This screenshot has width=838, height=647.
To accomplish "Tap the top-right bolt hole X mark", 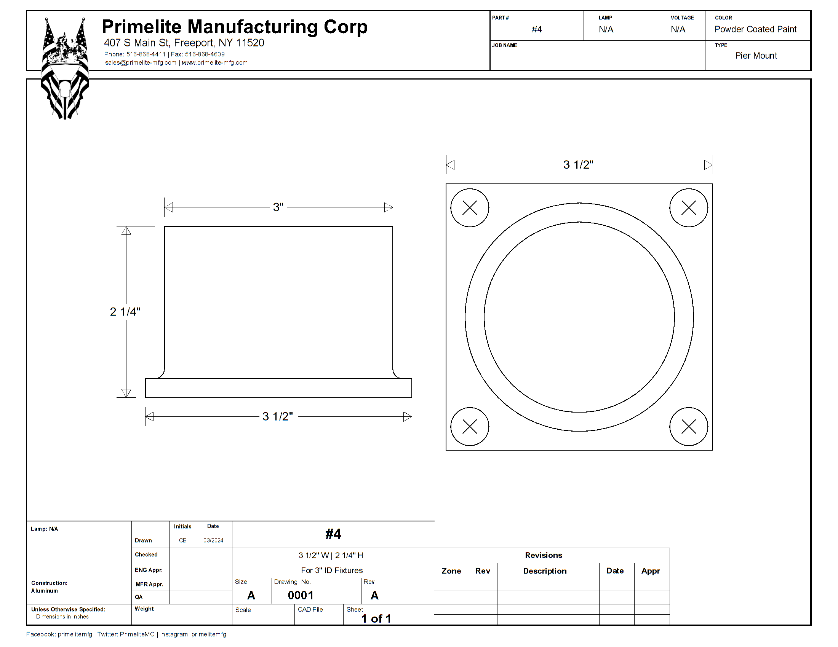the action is click(689, 208).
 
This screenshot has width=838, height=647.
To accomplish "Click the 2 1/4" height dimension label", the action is click(125, 312).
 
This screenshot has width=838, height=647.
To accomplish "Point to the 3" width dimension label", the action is click(278, 207).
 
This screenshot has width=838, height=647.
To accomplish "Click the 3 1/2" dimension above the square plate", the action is click(578, 164).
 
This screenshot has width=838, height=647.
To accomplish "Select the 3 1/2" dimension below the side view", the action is click(277, 416).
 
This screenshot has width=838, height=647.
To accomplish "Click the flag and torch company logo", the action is click(65, 68).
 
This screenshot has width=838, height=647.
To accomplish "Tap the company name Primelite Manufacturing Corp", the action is click(234, 27).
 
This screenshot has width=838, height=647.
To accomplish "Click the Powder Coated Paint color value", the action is click(755, 29).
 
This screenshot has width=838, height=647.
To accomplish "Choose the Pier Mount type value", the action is click(756, 56).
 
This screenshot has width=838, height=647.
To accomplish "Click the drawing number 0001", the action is click(301, 595).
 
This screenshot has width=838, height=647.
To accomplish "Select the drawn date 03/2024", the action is click(213, 540).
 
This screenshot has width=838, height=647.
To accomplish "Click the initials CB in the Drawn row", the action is click(182, 540).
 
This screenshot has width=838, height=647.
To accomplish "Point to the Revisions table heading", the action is click(544, 555).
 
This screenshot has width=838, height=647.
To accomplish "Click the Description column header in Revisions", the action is click(545, 571).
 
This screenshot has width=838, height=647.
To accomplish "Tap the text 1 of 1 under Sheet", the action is click(376, 618).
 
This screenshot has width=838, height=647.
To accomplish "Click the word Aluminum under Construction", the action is click(45, 591).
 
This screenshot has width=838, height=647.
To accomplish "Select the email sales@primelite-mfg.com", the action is click(141, 62).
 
